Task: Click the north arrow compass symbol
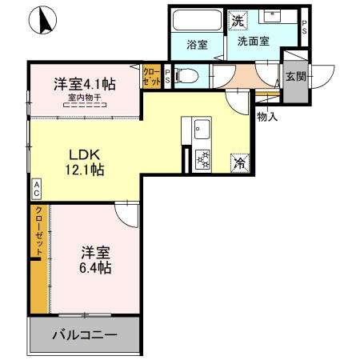pos(42,20)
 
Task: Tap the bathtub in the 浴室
pos(197,21)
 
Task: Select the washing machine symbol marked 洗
pos(238,21)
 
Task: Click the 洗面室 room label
pos(253,42)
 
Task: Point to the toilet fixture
pos(186,76)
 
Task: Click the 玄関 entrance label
pos(295,77)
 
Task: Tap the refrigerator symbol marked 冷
pos(240,163)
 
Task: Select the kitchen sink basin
pos(202,129)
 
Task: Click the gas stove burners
pos(203,159)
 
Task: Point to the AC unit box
pos(37,188)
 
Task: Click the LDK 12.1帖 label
pos(85,162)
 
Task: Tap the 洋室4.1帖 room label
pos(85,84)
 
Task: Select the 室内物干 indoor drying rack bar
pos(85,105)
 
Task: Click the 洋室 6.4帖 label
pos(95,260)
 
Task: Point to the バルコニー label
pos(85,334)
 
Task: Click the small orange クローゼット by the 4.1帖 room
pos(152,77)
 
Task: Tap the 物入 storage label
pos(267,117)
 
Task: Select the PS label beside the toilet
pos(167,76)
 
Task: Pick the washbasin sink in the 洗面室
pos(272,16)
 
